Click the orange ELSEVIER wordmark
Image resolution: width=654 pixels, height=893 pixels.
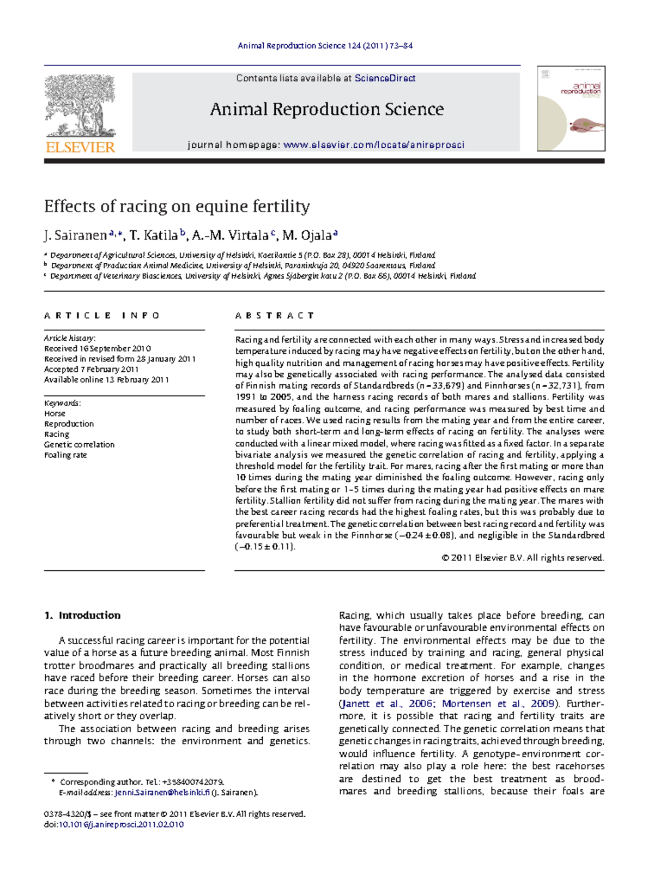pos(80,147)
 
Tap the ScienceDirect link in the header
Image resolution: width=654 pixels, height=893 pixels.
pos(385,79)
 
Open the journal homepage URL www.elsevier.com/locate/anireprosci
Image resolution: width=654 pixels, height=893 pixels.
pos(373,145)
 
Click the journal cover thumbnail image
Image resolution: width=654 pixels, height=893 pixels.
pos(571,108)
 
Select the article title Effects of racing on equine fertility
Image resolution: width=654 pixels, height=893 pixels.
pos(177,207)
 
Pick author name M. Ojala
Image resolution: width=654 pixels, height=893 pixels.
pos(307,236)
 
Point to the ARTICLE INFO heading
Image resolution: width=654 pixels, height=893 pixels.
pos(102,316)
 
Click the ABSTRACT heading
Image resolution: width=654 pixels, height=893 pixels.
pos(275,316)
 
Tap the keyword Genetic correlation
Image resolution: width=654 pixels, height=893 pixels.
pos(79,445)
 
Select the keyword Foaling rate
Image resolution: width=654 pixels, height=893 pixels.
pos(65,455)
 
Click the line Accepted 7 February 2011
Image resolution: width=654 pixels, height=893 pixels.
pos(91,370)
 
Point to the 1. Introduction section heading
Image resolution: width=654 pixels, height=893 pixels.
pos(82,616)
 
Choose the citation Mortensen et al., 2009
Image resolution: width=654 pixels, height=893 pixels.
pos(498,704)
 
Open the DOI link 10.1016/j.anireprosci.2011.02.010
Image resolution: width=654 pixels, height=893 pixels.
pos(121,825)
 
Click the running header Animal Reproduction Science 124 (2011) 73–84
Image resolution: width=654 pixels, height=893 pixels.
pos(325,46)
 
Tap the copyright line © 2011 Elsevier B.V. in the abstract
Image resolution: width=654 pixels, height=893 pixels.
pos(522,558)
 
